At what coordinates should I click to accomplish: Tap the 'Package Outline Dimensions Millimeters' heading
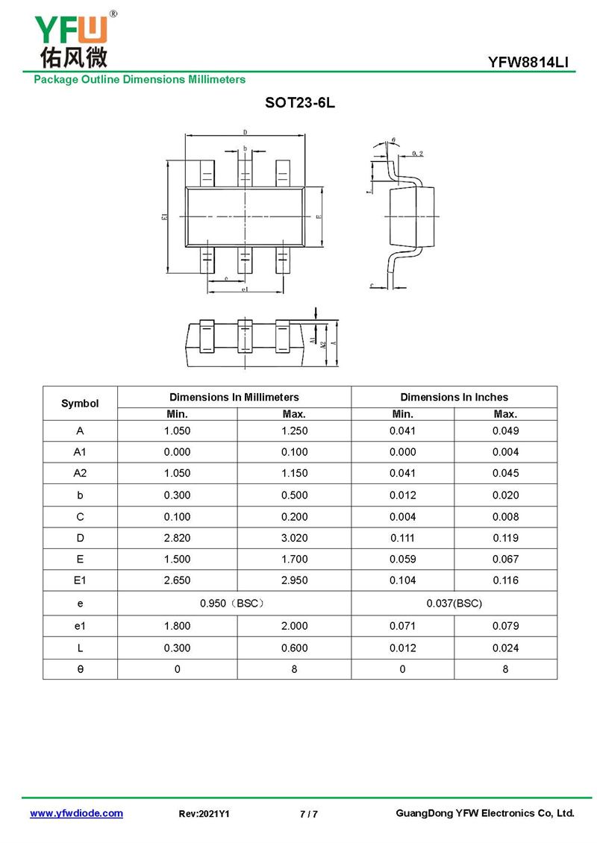139,79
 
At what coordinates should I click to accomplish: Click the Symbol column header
80,403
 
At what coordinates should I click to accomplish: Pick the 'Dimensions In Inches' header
454,397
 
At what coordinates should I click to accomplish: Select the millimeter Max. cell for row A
294,430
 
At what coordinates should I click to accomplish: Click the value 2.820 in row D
177,538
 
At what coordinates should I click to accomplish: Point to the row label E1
80,580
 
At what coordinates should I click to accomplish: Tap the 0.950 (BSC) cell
234,603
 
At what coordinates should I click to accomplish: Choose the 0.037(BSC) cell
454,603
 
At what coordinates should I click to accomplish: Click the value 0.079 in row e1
505,626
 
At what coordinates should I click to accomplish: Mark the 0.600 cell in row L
294,648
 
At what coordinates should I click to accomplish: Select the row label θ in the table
80,669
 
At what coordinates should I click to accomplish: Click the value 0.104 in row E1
402,580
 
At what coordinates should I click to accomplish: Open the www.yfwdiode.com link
76,813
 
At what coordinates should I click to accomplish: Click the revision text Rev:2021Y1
204,814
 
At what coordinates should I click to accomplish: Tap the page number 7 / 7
308,814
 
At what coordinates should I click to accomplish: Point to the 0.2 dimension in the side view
417,154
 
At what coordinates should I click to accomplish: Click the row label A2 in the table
80,473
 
